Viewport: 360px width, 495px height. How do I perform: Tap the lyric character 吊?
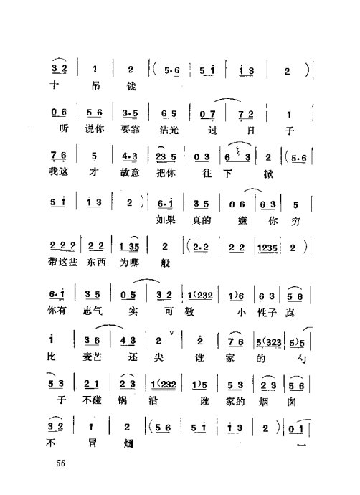click(x=95, y=87)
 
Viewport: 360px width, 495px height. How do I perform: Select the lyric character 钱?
click(x=131, y=87)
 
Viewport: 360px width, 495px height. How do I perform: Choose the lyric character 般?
click(x=166, y=263)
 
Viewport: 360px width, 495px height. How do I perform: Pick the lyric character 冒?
click(x=95, y=444)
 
